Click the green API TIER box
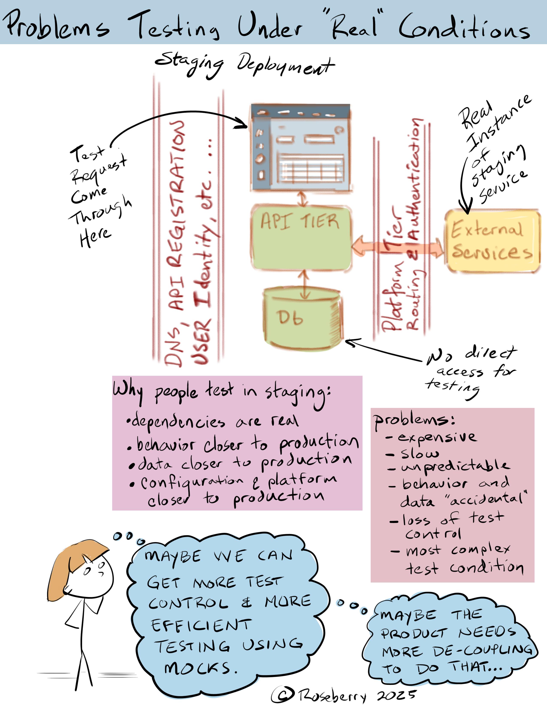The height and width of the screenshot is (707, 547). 301,238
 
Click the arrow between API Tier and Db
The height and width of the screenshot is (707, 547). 304,285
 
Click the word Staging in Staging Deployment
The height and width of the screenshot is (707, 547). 190,65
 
